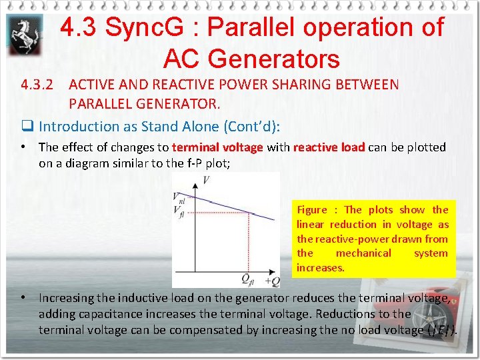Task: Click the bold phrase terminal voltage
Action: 218,147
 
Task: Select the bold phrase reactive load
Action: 329,147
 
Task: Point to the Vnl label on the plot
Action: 179,197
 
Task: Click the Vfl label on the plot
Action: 179,212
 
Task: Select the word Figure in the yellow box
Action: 313,210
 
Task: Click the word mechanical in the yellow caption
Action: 363,253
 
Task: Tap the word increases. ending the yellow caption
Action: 320,268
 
